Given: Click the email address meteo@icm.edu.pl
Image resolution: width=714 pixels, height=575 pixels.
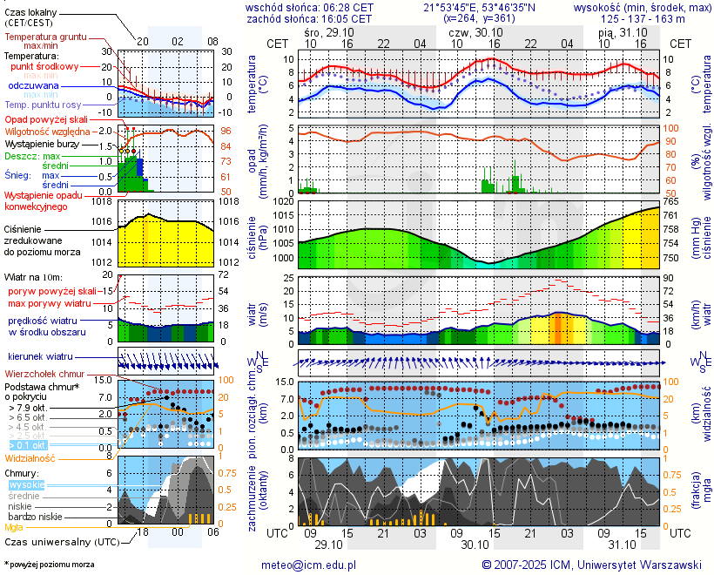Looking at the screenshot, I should [309, 565].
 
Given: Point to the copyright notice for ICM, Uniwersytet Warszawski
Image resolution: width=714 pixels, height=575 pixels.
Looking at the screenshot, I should [592, 565].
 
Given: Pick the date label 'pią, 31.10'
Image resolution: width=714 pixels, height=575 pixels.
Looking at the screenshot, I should [617, 30].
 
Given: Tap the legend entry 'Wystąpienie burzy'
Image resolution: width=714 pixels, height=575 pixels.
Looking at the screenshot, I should [41, 142].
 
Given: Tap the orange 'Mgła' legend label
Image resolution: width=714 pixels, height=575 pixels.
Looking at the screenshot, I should [14, 527].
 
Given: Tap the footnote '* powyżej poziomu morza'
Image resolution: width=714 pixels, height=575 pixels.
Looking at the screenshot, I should [50, 565].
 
